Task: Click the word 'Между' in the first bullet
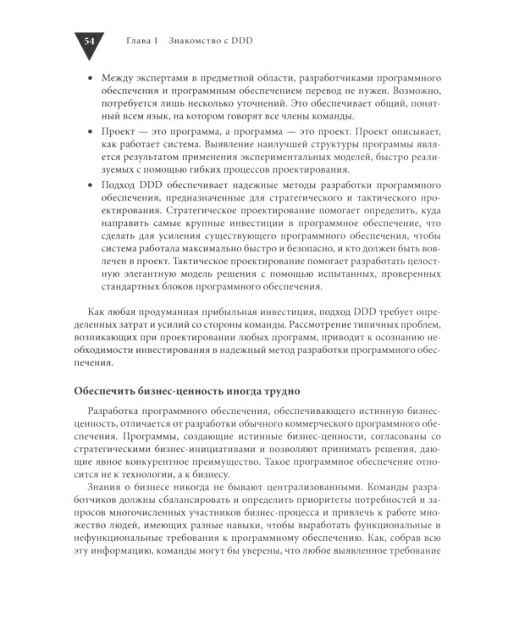pos(119,77)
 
